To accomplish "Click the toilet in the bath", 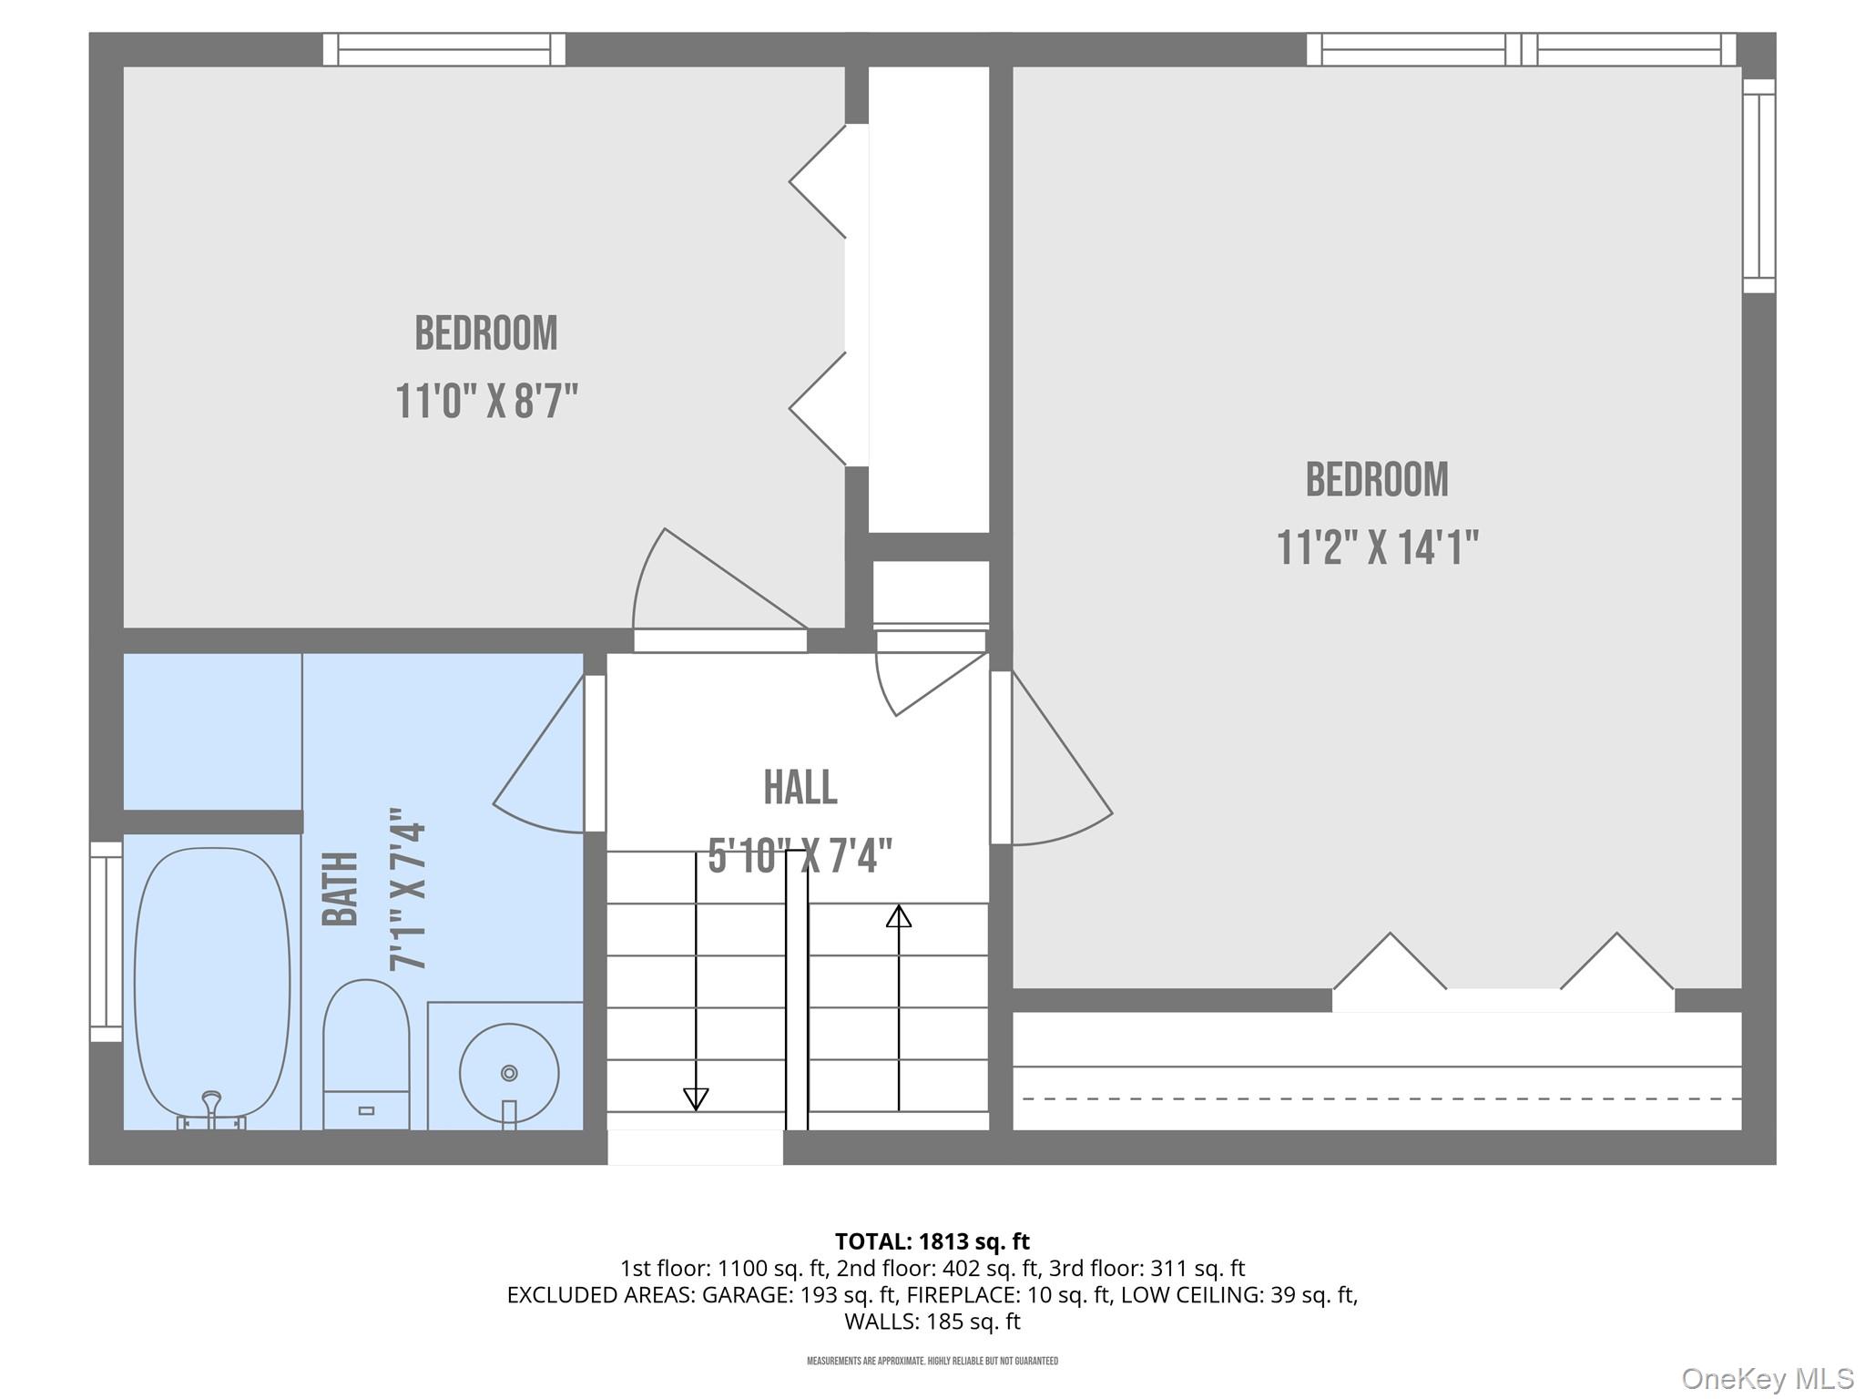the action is coord(366,1055).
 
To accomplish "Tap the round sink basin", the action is coord(509,1073).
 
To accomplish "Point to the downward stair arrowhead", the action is coord(696,1099).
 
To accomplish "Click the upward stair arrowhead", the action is coord(899,915).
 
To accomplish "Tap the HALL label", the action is coord(800,788).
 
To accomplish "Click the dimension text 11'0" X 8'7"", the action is coord(487,401).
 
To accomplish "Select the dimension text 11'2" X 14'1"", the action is coord(1377,547).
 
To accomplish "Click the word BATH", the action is coord(341,889).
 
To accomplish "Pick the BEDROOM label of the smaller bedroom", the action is coord(486,333).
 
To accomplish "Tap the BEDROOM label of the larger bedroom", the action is coord(1377,479).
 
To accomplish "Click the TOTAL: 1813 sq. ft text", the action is coord(932,1241).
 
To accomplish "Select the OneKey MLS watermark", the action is coord(1768,1379).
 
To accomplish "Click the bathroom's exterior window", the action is coord(106,942).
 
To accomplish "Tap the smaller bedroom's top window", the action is coord(444,49).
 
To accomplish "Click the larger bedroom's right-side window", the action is coord(1759,186).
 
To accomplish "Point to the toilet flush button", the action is coord(367,1111).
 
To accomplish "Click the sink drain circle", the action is coord(509,1073).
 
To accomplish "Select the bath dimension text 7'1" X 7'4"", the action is coord(408,889).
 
